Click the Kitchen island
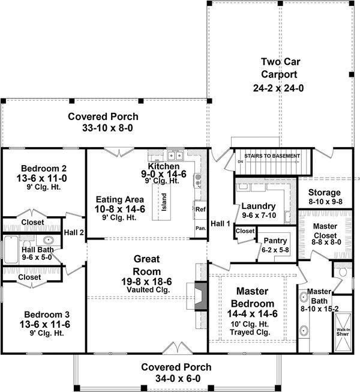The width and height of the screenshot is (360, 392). coord(161,202)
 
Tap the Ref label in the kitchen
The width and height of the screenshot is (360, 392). coord(200,210)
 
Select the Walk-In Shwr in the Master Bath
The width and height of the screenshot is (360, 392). coord(343,331)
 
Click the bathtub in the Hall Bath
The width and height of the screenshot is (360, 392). coord(11,249)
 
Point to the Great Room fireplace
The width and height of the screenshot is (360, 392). coord(200,296)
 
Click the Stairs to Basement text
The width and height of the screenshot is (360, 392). coord(272,156)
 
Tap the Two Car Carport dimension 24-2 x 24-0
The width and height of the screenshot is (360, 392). coord(278,88)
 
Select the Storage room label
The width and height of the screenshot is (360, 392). coord(324,192)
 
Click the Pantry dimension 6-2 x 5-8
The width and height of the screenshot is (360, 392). coord(275,250)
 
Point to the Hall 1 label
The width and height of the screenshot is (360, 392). coord(220,223)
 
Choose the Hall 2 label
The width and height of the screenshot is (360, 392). coord(74,232)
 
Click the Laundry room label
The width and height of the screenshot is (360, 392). coord(259,207)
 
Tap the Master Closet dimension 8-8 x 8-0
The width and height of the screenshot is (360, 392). coord(326,242)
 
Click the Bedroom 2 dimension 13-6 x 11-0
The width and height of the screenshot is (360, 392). coord(42,178)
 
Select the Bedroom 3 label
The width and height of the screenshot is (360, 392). coord(47,314)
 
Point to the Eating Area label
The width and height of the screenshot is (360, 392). coord(120,199)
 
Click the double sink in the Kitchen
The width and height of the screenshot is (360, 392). coord(175,155)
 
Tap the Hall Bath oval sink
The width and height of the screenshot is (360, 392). coord(48,240)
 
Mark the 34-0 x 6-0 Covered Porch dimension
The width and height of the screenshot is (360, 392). coord(178,379)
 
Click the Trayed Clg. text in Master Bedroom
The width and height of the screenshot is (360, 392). coord(250,332)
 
